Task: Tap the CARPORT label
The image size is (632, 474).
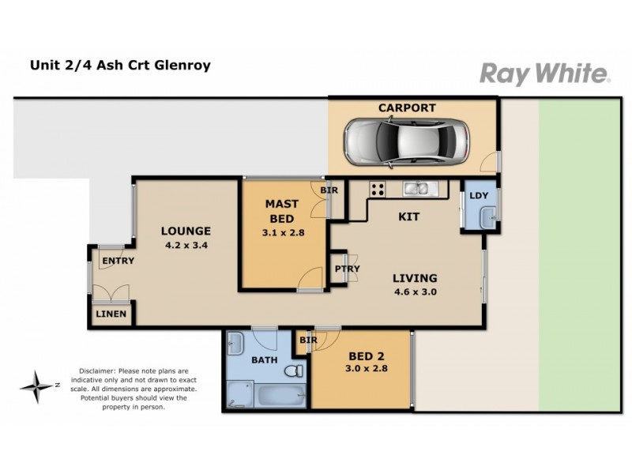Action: (x=406, y=108)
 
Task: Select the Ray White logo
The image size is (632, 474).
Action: (x=544, y=74)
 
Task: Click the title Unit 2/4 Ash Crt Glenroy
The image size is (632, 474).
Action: (x=120, y=66)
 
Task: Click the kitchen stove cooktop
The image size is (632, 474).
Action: (x=377, y=189)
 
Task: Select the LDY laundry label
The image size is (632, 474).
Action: (x=478, y=195)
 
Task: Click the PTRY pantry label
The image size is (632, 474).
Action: (x=348, y=269)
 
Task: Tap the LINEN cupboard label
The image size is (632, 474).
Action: (x=111, y=314)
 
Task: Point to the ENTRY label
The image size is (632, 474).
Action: (x=118, y=261)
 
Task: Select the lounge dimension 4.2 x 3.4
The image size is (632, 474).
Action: (x=186, y=245)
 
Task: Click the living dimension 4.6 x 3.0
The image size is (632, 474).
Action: (x=415, y=292)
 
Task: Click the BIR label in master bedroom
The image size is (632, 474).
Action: (x=327, y=190)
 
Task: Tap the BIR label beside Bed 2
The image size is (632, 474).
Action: (x=308, y=340)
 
